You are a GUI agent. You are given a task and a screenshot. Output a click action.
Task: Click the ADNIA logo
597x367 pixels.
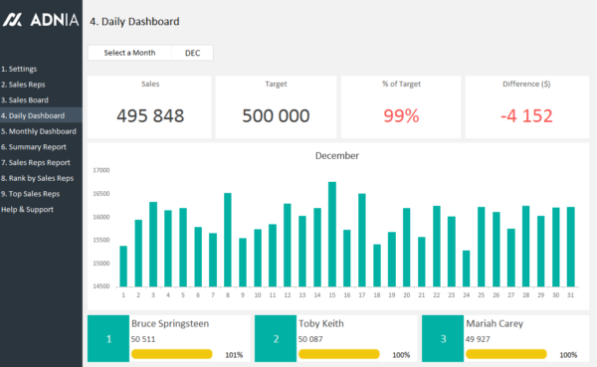(x=41, y=20)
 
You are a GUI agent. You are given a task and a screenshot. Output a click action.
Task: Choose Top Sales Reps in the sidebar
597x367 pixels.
(x=31, y=193)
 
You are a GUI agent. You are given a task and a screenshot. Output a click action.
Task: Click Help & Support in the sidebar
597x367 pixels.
(x=28, y=209)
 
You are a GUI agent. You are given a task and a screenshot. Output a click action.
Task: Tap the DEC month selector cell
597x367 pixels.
(x=192, y=53)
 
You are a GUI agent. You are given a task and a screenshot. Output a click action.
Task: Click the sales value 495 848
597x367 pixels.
(x=150, y=115)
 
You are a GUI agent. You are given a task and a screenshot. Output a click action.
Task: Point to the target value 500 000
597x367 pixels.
(x=276, y=115)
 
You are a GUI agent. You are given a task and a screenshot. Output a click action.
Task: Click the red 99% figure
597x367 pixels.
(x=401, y=115)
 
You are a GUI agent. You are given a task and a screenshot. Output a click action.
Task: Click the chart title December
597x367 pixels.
(x=337, y=155)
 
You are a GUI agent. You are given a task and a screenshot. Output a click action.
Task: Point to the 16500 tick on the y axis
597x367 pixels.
(x=100, y=193)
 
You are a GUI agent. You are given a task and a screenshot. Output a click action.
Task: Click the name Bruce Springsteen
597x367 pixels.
(x=169, y=323)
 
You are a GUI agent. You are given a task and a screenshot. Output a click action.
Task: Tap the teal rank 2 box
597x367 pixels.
(x=276, y=340)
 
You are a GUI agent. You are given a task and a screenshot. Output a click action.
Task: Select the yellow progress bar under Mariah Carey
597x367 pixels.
(x=506, y=354)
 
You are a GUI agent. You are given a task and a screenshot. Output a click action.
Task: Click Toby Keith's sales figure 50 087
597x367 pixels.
(x=312, y=339)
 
